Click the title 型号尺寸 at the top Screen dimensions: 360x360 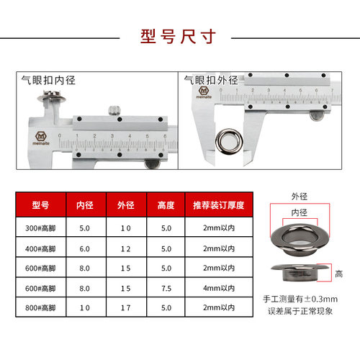coord(179,37)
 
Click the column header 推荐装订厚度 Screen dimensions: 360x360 coord(217,204)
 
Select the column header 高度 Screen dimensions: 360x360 coord(166,204)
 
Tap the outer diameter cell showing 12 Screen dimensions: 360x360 coord(126,248)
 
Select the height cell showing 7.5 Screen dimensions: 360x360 coord(166,289)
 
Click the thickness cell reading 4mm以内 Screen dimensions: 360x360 coord(217,289)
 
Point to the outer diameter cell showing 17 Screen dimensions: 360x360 coord(126,310)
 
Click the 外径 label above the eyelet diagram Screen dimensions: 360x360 coord(300,195)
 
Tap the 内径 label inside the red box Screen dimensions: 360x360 coord(300,212)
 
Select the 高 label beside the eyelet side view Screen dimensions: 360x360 coord(338,274)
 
